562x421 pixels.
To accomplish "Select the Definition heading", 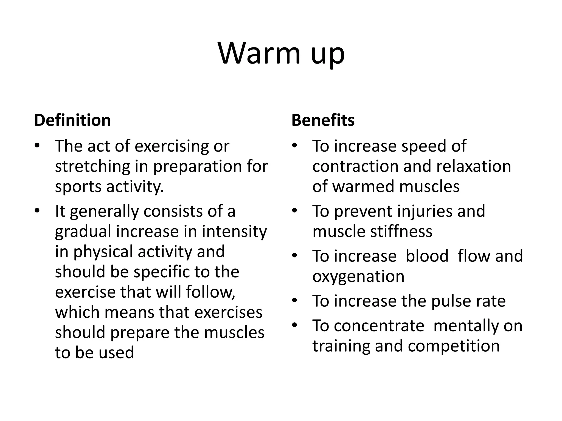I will click(72, 120).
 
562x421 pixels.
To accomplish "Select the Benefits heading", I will click(323, 120).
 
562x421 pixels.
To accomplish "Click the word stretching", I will click(92, 166).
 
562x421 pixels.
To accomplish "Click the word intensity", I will click(234, 232).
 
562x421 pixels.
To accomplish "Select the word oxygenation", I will click(358, 276).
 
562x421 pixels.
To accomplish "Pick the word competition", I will click(454, 346).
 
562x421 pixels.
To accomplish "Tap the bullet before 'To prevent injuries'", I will click(295, 211).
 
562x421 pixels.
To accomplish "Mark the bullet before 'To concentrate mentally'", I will click(295, 325).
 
